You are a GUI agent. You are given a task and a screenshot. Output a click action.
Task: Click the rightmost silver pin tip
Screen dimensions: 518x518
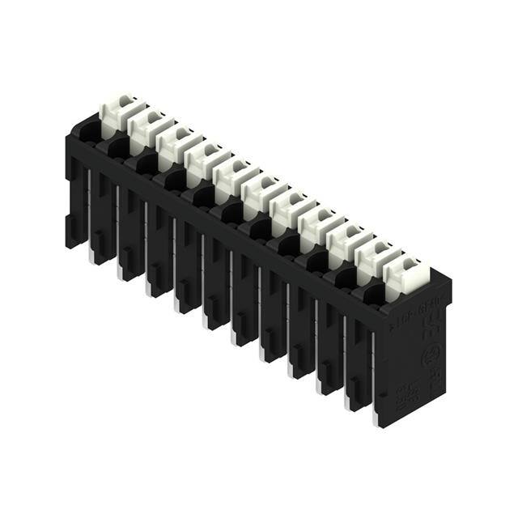[376, 422]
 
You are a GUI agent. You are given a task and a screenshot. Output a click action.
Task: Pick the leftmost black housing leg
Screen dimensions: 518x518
[74, 202]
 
